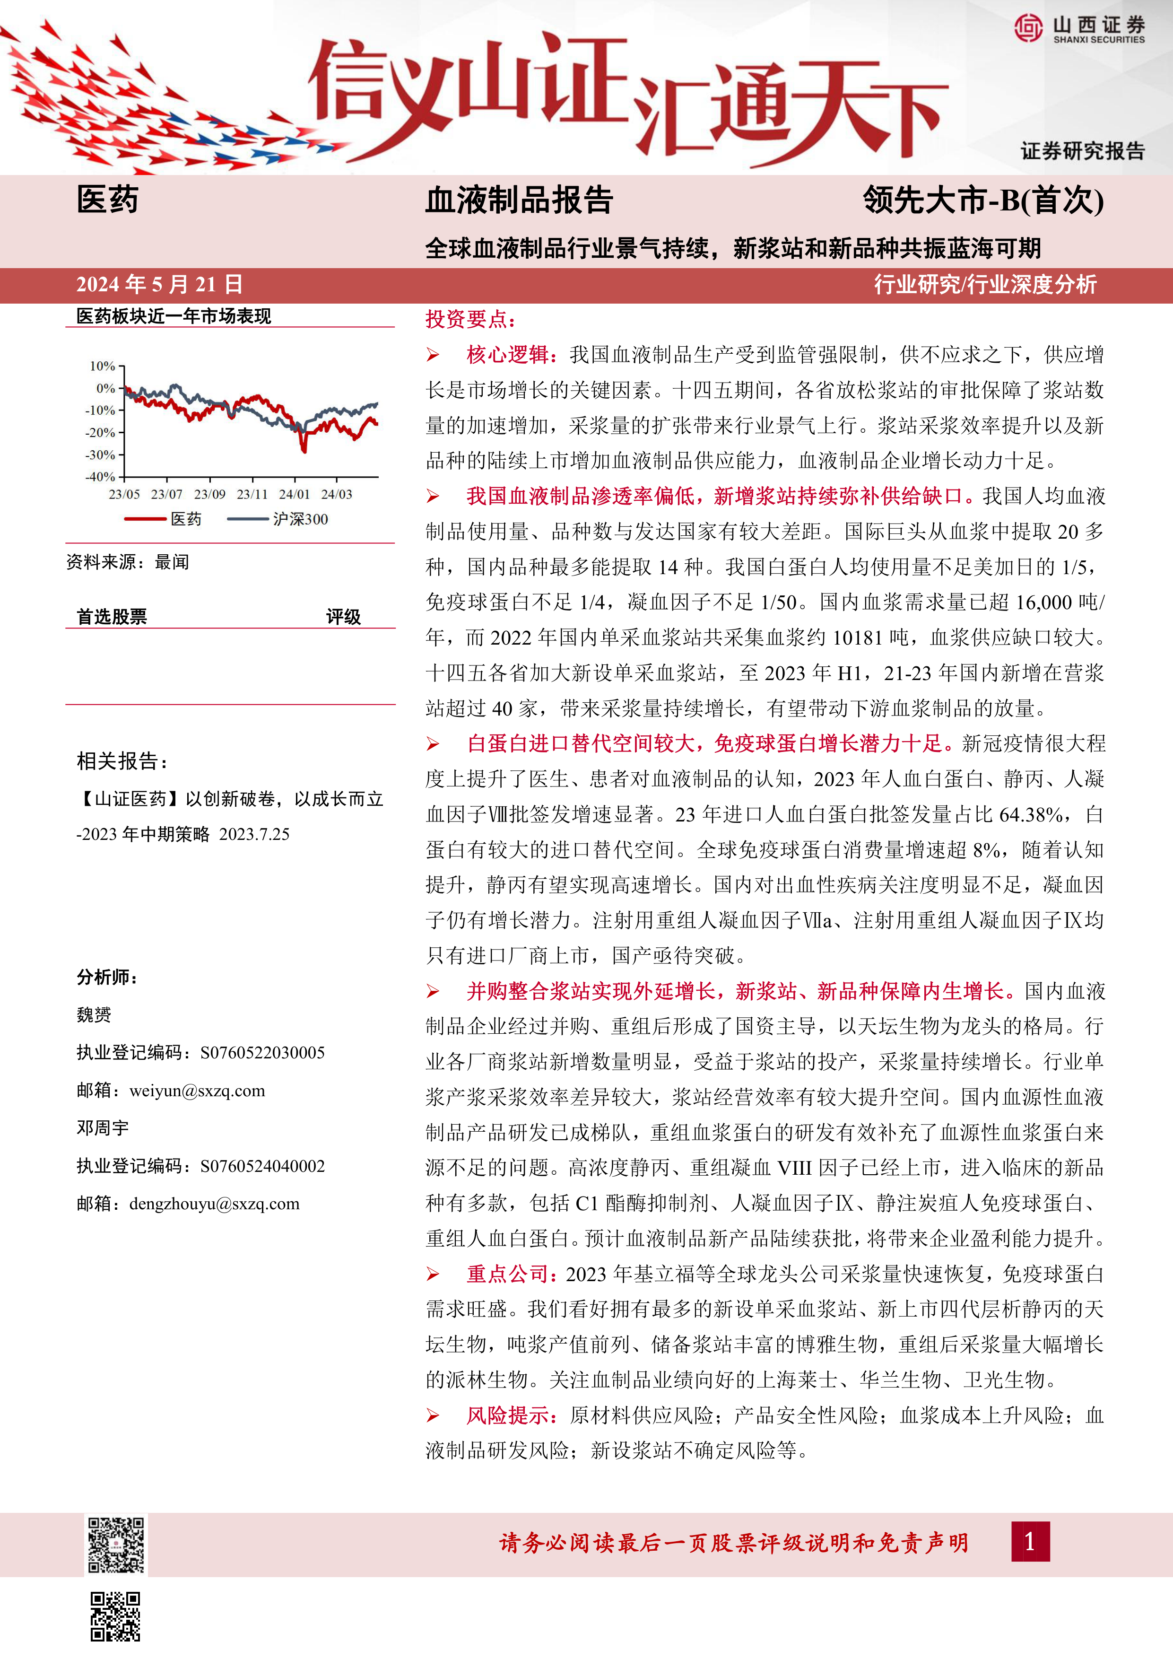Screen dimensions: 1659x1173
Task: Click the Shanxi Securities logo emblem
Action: (x=1028, y=29)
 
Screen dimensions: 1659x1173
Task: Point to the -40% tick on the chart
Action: (x=101, y=477)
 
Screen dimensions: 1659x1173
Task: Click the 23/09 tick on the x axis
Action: (x=209, y=494)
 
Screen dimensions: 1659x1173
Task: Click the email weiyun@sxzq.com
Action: (x=197, y=1091)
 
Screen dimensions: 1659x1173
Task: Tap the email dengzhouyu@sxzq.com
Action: (x=215, y=1204)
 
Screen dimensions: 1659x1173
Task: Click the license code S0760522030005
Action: (x=262, y=1053)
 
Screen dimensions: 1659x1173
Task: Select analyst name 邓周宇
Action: (x=103, y=1128)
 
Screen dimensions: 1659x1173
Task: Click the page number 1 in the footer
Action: (x=1030, y=1542)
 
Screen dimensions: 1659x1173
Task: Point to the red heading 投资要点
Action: (x=470, y=319)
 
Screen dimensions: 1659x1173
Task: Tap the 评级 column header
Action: (x=343, y=616)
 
